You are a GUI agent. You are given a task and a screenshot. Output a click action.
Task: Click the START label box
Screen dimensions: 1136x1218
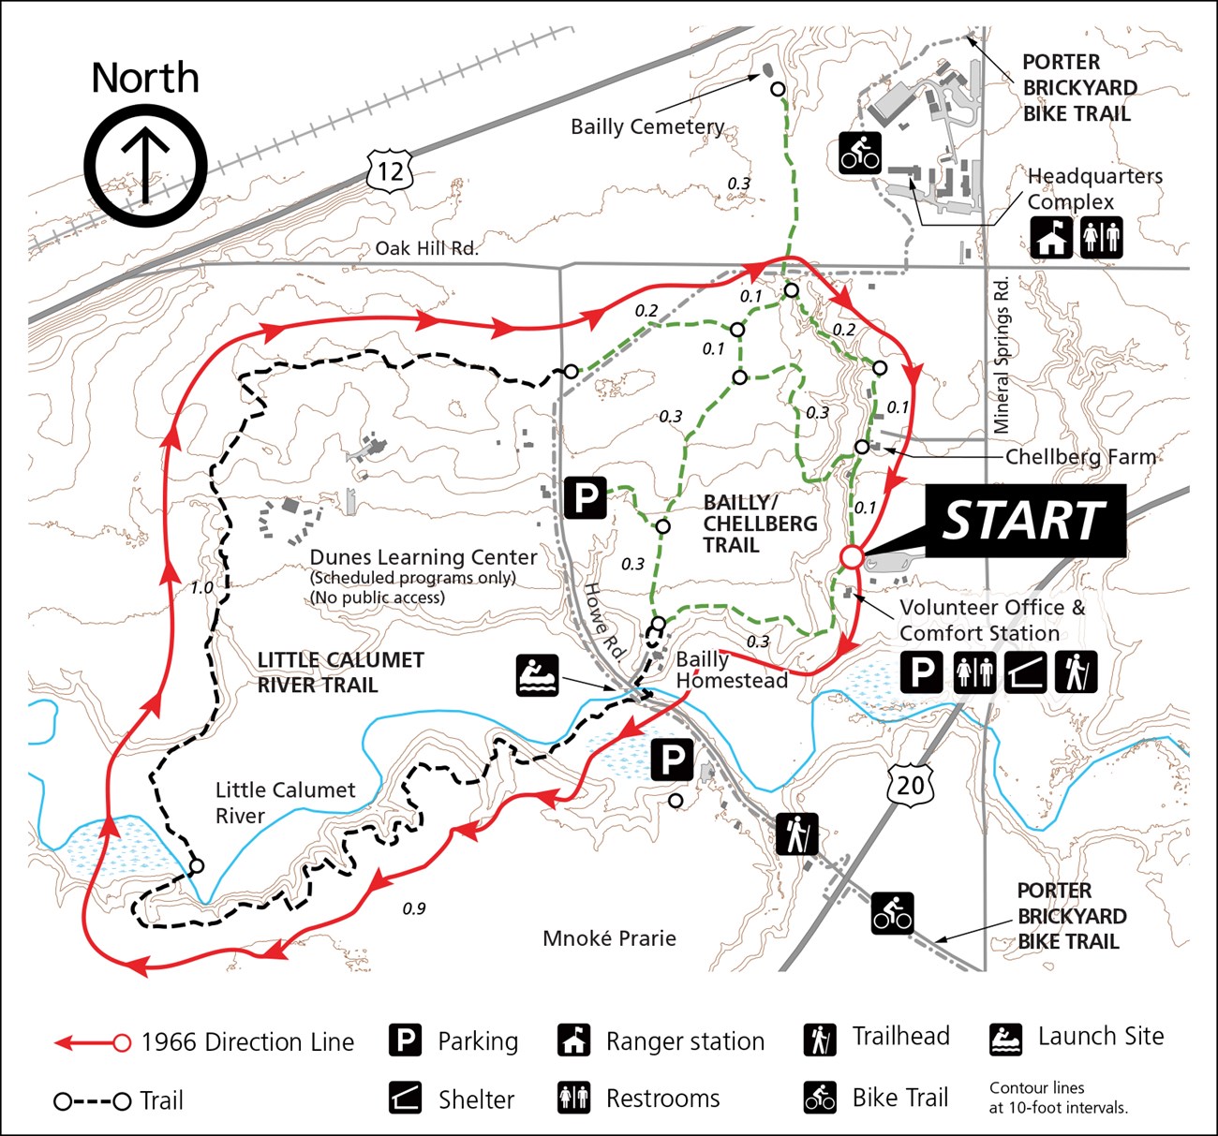coord(1025,521)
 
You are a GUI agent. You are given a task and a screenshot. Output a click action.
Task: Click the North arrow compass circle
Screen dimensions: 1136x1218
coord(145,165)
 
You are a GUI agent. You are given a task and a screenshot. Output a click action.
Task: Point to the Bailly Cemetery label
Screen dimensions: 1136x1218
coord(647,126)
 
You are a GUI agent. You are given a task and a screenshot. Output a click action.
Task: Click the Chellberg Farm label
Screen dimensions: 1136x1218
coord(1080,457)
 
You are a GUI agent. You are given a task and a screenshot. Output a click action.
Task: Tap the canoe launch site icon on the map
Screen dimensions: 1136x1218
coord(537,675)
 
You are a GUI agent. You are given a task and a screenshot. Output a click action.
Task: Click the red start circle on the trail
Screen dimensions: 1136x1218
coord(851,557)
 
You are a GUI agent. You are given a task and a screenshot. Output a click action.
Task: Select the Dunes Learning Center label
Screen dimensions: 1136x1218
coord(423,557)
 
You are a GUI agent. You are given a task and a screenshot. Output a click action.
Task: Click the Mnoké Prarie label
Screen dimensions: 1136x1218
coord(609,938)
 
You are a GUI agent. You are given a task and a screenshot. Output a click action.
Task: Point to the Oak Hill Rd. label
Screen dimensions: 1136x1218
coord(426,248)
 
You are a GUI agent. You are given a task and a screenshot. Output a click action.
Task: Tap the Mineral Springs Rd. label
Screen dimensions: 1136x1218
coord(1002,354)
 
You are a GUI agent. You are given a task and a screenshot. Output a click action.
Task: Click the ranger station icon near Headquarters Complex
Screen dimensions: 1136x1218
coord(1051,238)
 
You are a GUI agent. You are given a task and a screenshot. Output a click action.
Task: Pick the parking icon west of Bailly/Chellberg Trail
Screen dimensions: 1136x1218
coord(587,496)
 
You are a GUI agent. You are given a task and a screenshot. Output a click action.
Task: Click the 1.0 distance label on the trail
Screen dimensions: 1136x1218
coord(201,588)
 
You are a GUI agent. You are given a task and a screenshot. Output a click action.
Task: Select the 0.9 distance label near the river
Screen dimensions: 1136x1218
coord(413,908)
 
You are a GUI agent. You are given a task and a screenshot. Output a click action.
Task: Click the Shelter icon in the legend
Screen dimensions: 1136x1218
coord(405,1098)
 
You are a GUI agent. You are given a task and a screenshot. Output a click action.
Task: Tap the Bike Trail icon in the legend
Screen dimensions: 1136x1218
coord(820,1098)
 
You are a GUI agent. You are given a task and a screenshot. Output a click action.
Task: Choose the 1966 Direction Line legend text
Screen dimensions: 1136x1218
coord(247,1042)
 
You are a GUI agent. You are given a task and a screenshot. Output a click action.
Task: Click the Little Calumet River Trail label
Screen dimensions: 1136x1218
coord(340,672)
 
